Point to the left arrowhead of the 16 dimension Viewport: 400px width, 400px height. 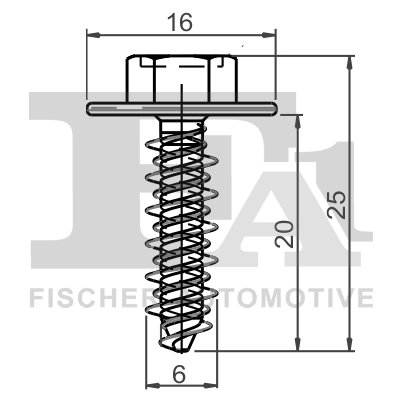(92, 37)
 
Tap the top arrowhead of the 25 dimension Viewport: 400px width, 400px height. (350, 59)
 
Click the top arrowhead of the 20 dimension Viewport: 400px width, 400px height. (298, 115)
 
